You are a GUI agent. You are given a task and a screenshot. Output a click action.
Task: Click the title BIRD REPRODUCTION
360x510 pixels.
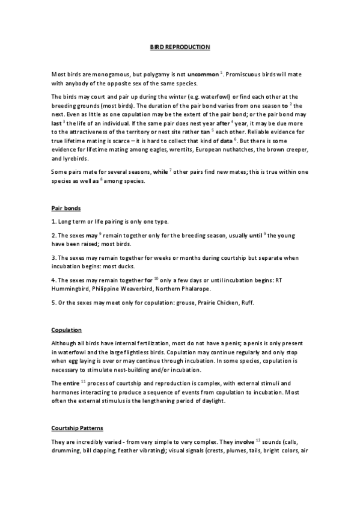point(180,46)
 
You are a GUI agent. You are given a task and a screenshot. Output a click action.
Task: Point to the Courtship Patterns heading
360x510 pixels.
point(77,428)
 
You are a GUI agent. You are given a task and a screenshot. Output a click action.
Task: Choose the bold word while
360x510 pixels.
point(160,172)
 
